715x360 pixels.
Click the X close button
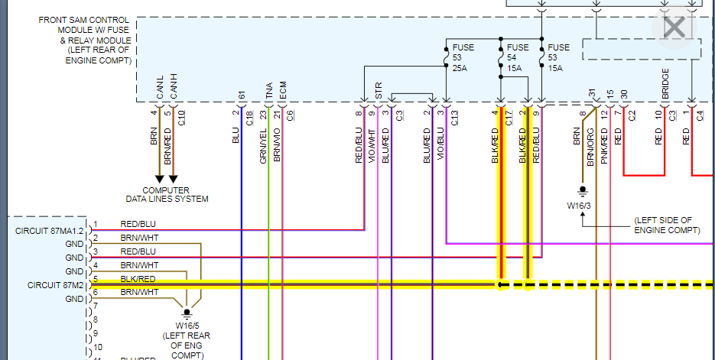click(x=674, y=28)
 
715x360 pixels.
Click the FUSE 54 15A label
click(x=516, y=57)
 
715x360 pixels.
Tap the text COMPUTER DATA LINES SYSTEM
click(x=167, y=194)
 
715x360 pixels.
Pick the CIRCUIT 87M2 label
click(x=55, y=285)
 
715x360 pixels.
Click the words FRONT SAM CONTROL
click(x=84, y=19)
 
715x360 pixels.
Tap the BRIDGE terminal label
click(x=666, y=83)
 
